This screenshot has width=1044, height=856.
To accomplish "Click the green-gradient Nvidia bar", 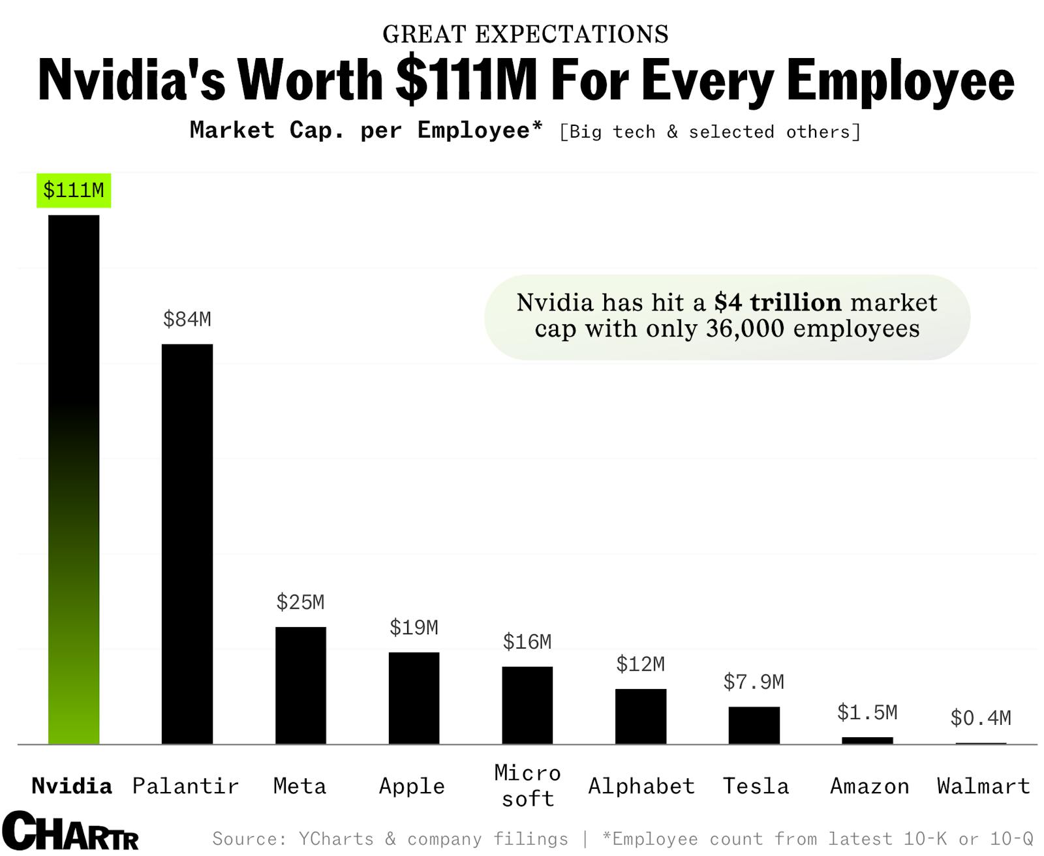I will (x=74, y=480).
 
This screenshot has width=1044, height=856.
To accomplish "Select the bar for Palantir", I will (x=187, y=543).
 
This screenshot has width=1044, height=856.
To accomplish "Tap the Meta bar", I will (x=300, y=685).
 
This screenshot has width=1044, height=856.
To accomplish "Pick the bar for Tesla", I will (x=754, y=725).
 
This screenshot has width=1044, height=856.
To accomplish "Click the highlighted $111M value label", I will (x=74, y=191).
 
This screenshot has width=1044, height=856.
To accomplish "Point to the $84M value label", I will (x=187, y=319).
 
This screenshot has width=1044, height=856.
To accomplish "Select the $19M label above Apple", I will (x=414, y=628).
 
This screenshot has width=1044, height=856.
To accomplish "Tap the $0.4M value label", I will (x=981, y=718).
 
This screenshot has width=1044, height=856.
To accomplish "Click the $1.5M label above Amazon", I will (x=867, y=712).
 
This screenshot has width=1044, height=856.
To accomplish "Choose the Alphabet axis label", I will (x=641, y=786).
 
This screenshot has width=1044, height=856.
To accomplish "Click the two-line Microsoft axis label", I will (x=527, y=786).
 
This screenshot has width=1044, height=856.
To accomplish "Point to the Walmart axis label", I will (x=983, y=786).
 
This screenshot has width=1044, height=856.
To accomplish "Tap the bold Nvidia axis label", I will (x=72, y=786).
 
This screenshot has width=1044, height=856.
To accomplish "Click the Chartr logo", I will (x=70, y=831).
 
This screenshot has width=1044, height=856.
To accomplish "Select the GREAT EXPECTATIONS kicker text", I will (x=525, y=34).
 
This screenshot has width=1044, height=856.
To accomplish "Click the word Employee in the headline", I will (x=900, y=81).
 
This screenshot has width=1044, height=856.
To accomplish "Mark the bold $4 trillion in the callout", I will (x=778, y=303).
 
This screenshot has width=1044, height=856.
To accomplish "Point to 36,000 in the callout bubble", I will (x=745, y=328).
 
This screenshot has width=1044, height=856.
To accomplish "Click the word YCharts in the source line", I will (x=335, y=838).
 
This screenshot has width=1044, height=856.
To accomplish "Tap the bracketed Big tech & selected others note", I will (x=710, y=132).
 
